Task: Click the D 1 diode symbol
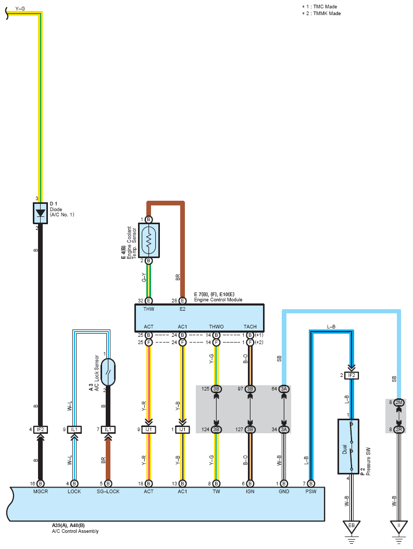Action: [40, 213]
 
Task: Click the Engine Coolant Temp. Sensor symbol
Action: [148, 240]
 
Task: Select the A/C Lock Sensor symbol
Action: [108, 372]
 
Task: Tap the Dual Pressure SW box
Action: [348, 446]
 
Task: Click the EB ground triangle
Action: [352, 527]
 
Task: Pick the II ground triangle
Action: [398, 527]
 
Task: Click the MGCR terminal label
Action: [41, 492]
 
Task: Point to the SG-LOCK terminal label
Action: [108, 492]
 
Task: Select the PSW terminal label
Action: [311, 492]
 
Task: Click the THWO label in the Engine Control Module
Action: [217, 327]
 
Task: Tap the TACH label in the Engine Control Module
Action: [250, 327]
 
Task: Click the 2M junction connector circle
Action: [398, 402]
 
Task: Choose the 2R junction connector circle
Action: [398, 430]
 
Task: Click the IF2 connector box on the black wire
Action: [41, 430]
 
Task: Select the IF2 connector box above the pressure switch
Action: [352, 375]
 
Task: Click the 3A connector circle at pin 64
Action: [284, 389]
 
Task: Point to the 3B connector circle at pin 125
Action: [217, 389]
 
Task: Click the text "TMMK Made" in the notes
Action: [327, 14]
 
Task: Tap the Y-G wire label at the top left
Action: [20, 8]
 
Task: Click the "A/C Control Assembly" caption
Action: [75, 531]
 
